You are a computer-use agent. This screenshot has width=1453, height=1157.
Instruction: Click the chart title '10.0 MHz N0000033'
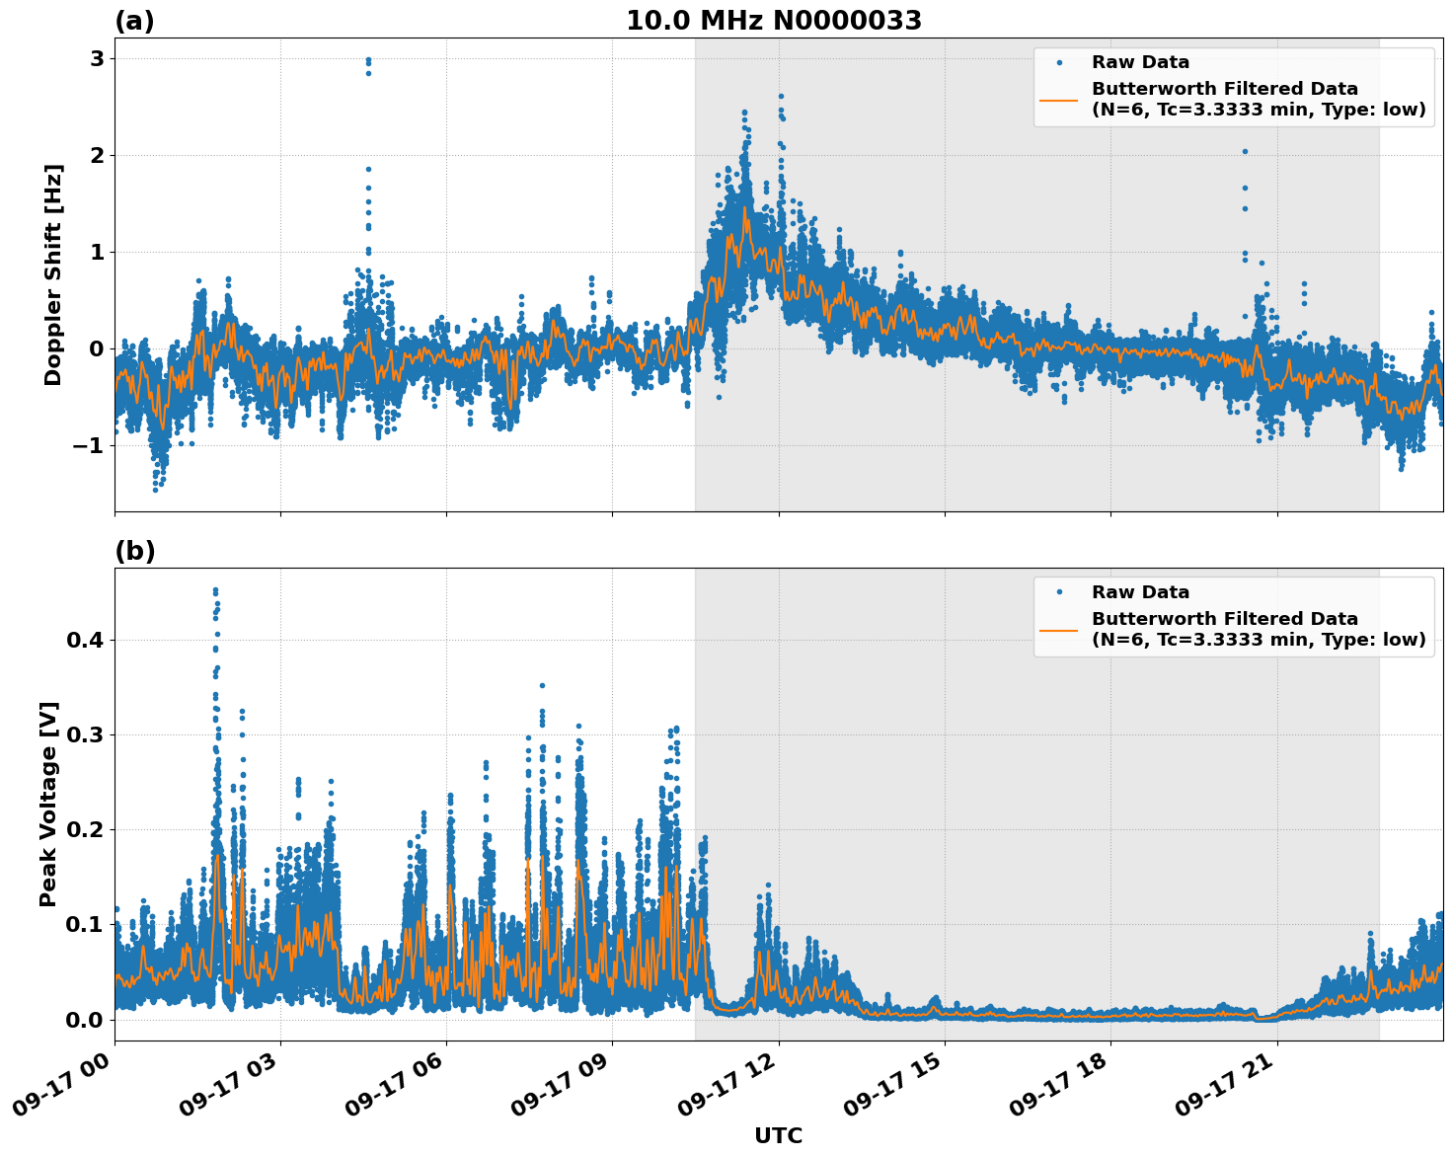click(774, 21)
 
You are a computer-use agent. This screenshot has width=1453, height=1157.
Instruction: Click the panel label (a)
click(134, 21)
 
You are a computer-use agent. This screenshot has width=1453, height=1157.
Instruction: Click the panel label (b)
click(134, 551)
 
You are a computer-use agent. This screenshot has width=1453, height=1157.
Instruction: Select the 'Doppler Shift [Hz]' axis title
click(53, 274)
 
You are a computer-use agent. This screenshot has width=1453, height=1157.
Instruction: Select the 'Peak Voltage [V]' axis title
click(48, 804)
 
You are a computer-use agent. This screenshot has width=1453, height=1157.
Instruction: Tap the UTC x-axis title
click(778, 1135)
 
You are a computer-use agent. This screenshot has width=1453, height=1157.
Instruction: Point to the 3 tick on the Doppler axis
click(97, 59)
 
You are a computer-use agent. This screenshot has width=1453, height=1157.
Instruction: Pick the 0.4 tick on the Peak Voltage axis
click(85, 641)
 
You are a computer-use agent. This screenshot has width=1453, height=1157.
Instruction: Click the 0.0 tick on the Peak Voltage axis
click(85, 1020)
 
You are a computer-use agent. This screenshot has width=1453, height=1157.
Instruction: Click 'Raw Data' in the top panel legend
click(1140, 62)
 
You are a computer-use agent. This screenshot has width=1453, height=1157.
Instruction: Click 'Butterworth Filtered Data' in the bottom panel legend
click(1224, 619)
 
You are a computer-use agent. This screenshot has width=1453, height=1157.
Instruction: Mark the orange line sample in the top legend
click(1059, 99)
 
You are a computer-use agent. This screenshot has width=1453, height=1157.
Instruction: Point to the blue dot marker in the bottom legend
click(1059, 592)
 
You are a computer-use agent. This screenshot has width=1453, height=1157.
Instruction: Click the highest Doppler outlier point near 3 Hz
click(368, 59)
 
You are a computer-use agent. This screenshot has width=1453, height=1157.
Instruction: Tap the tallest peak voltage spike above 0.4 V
click(215, 590)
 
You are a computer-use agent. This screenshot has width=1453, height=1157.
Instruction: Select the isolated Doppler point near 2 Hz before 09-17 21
click(1245, 151)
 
